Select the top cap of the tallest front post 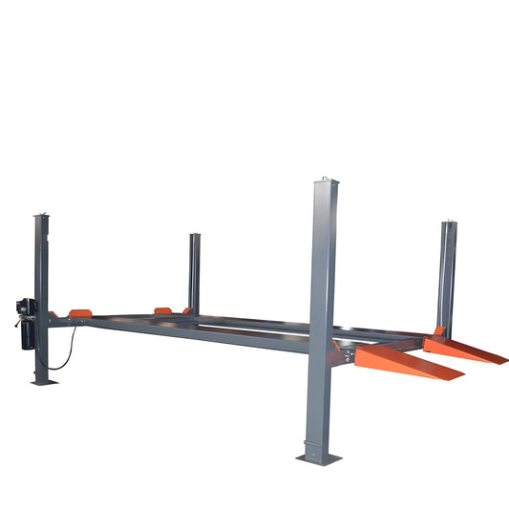324,181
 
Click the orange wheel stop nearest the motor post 75,313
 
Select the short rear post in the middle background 194,272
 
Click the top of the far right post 448,224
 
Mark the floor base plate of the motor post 43,381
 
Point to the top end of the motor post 41,217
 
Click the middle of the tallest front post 323,315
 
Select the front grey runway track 210,334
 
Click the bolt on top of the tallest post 325,177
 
